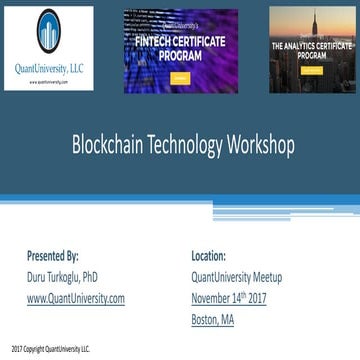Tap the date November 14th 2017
[232, 297]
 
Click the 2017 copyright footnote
[50, 349]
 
